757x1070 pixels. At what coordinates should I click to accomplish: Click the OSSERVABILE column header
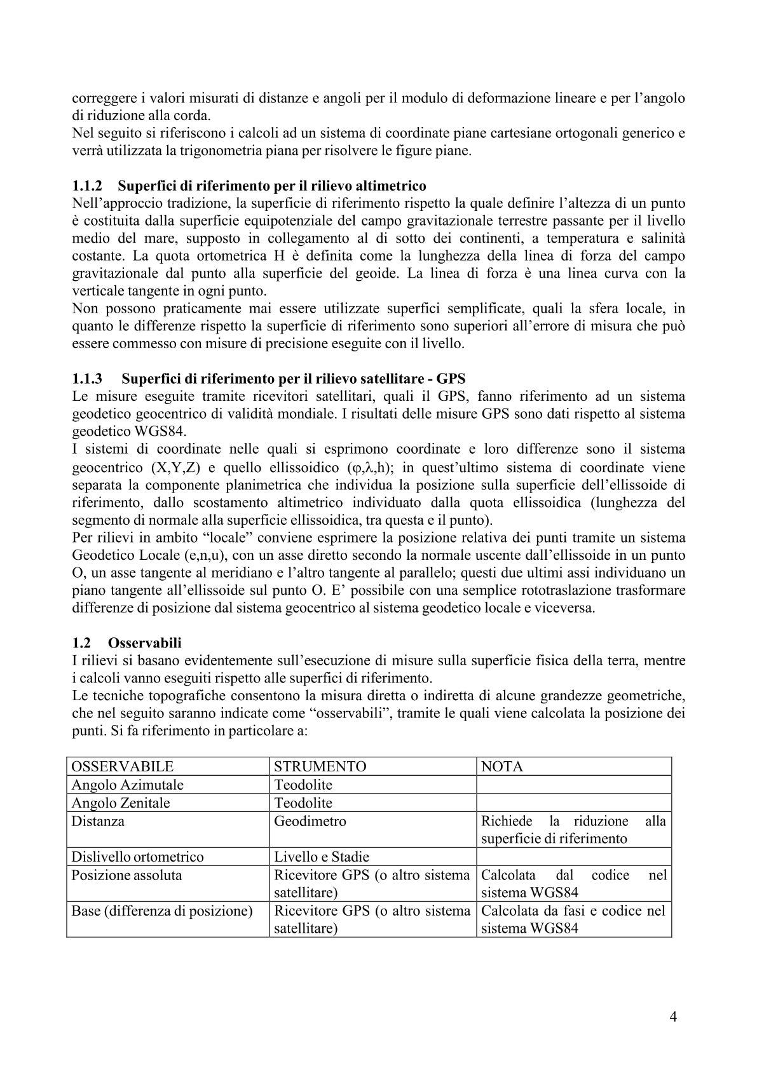point(122,766)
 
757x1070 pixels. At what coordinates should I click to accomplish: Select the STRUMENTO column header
point(320,766)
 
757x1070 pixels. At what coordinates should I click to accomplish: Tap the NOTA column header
point(502,766)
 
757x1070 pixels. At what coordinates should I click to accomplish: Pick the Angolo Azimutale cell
point(127,785)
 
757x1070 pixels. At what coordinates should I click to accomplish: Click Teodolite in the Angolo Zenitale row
point(303,802)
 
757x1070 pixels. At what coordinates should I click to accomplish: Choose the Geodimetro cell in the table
point(310,821)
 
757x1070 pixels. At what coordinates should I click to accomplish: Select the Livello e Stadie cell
point(322,857)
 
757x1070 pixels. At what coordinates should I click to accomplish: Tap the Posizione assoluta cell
point(126,875)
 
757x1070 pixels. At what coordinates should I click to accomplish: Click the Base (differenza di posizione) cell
point(162,911)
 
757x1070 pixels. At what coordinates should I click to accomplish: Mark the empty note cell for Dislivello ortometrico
point(574,857)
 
